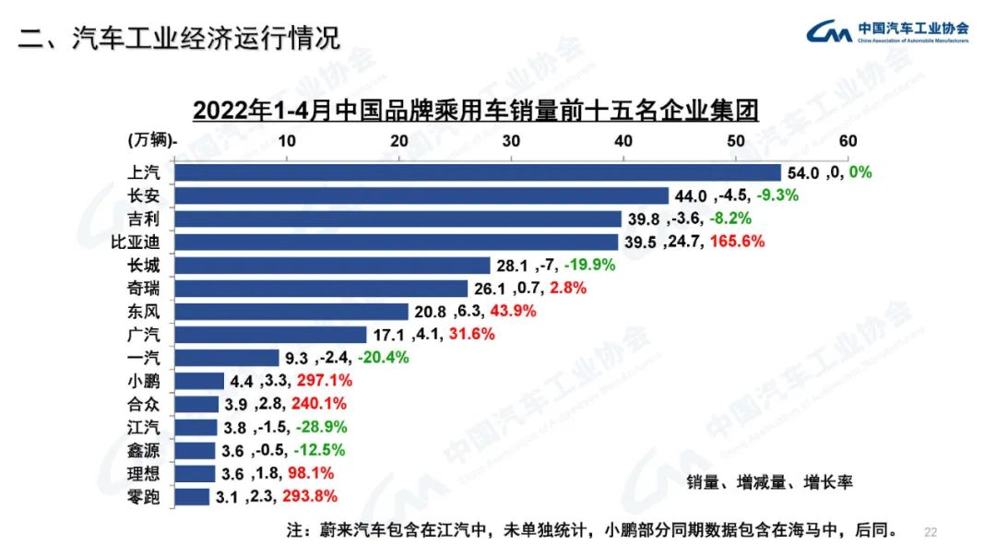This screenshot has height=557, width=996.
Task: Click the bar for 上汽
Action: pos(478,172)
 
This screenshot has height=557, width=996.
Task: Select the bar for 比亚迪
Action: pos(397,242)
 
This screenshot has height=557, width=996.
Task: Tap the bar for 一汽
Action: pos(227,358)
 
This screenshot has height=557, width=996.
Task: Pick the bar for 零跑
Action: pos(192,497)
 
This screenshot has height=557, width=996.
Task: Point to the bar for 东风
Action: pos(291,312)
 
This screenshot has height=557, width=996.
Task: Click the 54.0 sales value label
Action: pos(802,172)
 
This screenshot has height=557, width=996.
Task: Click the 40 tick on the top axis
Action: pos(623,141)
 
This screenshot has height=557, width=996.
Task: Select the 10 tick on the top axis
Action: pos(287,141)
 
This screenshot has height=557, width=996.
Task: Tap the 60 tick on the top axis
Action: pos(848,141)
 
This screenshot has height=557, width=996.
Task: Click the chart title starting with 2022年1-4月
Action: pos(476,111)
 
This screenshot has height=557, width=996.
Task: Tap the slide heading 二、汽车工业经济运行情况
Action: pos(181,39)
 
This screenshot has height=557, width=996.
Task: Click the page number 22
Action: pos(930,532)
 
